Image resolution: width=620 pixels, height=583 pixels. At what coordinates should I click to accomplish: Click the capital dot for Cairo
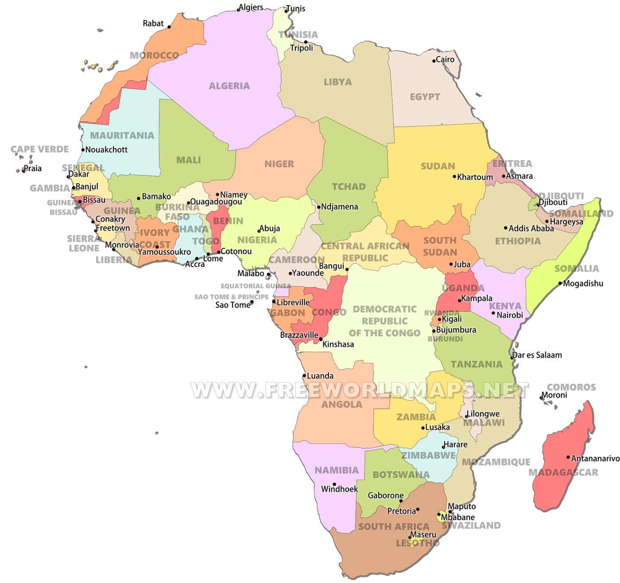(x=434, y=61)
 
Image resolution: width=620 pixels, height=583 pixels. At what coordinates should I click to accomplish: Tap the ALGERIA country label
(x=229, y=86)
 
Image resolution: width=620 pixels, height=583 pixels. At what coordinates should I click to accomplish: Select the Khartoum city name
(x=475, y=177)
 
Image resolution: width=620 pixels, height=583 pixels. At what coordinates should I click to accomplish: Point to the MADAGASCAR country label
(x=563, y=472)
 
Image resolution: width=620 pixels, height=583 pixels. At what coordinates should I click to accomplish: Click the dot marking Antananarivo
(x=568, y=457)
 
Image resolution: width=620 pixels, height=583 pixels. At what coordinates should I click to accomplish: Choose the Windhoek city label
(x=339, y=489)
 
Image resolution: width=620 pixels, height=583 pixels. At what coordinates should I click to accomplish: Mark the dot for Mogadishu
(x=560, y=283)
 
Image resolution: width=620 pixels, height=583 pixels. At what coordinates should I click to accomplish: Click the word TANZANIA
(x=477, y=364)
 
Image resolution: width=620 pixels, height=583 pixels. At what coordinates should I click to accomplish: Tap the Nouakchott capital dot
(x=83, y=150)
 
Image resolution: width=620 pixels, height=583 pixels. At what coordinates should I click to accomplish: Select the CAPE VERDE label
(x=40, y=149)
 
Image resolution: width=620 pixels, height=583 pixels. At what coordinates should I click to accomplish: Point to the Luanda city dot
(x=304, y=376)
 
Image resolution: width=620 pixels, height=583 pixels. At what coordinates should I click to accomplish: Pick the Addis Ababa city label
(x=531, y=228)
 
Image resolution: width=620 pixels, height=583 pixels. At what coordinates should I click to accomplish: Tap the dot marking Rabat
(x=169, y=27)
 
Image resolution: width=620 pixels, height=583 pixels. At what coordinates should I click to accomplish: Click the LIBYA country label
(x=337, y=82)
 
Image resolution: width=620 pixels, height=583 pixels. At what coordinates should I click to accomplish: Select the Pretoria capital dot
(x=418, y=510)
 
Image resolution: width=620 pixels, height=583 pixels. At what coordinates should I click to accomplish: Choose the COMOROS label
(x=571, y=387)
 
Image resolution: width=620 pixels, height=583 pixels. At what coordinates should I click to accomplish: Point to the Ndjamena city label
(x=339, y=207)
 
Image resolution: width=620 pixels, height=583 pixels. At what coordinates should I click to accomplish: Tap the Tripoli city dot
(x=306, y=42)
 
